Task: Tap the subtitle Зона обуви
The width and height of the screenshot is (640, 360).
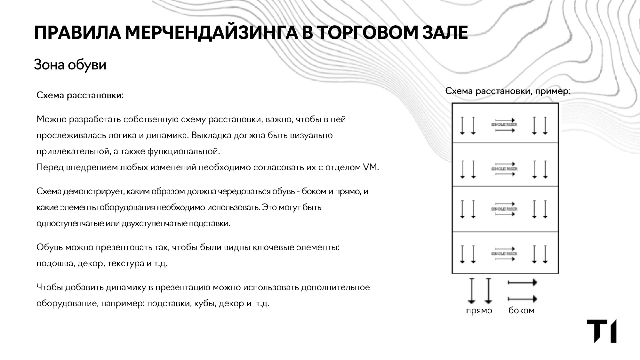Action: [x=70, y=65]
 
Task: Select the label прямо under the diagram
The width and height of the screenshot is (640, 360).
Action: [x=479, y=311]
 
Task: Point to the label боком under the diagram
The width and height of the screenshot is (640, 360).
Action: [x=521, y=311]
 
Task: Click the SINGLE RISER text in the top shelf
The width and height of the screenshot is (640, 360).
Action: [x=504, y=125]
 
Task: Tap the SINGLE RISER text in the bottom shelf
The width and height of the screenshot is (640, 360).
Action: [x=504, y=254]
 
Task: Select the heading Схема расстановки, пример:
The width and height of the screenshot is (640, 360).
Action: [x=508, y=91]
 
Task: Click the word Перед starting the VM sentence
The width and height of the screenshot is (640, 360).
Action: [x=50, y=167]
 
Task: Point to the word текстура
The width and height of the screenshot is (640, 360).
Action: [x=126, y=264]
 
